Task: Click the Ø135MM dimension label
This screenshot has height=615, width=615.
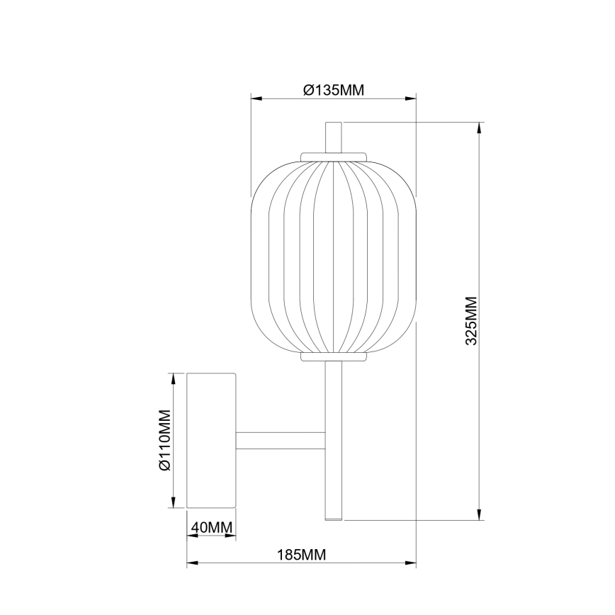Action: coord(333,90)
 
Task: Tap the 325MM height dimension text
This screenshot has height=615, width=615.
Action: coord(472,321)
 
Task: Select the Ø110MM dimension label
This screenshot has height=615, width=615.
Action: coord(164,440)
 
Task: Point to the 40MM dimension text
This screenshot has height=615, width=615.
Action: coord(210,528)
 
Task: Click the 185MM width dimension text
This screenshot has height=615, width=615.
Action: coord(301,555)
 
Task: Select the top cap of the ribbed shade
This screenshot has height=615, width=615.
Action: coord(334,155)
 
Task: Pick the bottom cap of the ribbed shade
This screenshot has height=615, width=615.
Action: coord(334,356)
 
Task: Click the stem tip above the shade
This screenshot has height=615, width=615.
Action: coord(334,136)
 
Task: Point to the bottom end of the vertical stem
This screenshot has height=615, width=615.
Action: coord(334,516)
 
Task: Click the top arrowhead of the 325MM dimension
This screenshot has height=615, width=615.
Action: coord(480,128)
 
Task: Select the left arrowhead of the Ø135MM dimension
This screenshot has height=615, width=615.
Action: coord(256,99)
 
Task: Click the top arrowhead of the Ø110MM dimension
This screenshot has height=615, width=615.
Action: coord(174,378)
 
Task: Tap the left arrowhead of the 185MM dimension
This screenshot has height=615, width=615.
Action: coord(191,564)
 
